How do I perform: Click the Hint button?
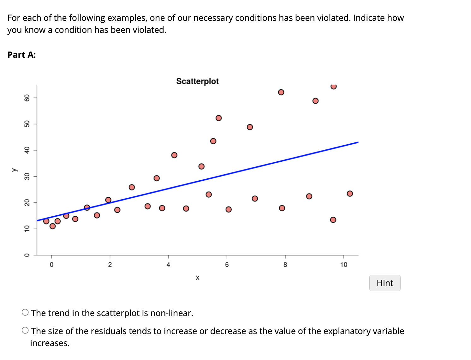(x=385, y=283)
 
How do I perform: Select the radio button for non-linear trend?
(x=25, y=313)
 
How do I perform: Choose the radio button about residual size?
(x=25, y=331)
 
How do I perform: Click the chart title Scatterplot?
(x=197, y=81)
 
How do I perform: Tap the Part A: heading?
(x=21, y=55)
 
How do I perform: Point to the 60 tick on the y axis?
(x=27, y=98)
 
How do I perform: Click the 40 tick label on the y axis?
(x=27, y=150)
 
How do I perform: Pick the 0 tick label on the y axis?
(x=27, y=255)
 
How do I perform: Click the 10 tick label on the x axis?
(x=343, y=265)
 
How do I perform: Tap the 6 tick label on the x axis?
(x=227, y=265)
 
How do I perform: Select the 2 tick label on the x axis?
(x=110, y=265)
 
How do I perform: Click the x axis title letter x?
(x=197, y=278)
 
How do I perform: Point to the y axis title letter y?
(x=14, y=170)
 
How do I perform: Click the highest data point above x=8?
(x=281, y=92)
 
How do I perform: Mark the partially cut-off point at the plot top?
(x=333, y=86)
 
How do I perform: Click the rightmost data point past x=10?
(x=350, y=194)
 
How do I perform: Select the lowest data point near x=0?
(x=53, y=226)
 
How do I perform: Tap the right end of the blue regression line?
(x=357, y=142)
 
